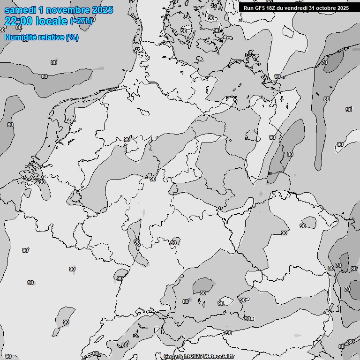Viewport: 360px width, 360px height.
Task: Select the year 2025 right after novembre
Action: click(102, 10)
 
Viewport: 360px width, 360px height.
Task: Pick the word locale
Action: click(51, 21)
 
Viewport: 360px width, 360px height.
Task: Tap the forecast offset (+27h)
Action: click(81, 21)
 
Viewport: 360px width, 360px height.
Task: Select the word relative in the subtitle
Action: click(51, 37)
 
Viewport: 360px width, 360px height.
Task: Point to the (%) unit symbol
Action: click(72, 37)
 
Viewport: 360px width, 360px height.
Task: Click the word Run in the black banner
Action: click(249, 8)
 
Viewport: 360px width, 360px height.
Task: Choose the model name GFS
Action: click(261, 8)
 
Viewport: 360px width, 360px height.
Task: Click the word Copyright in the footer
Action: click(176, 356)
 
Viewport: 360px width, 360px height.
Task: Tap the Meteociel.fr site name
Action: click(219, 356)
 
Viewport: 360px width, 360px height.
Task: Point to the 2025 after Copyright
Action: click(196, 356)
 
